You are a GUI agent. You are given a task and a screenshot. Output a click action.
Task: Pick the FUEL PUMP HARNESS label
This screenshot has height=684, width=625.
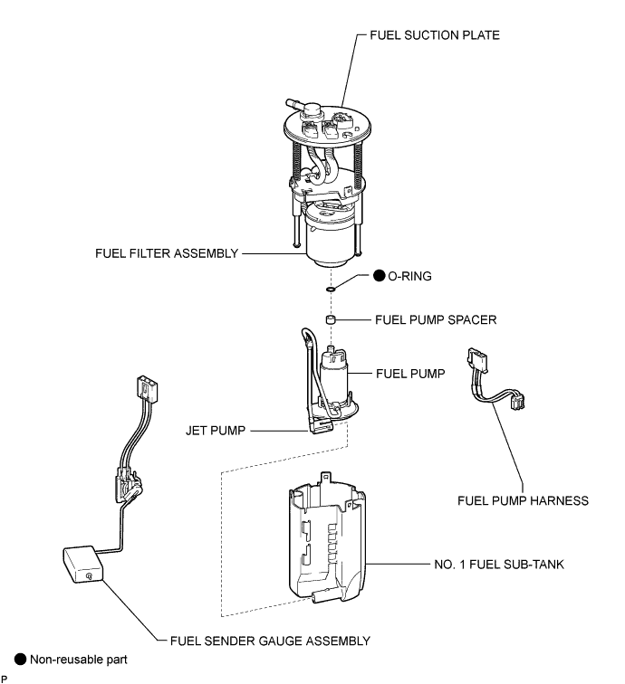(x=524, y=499)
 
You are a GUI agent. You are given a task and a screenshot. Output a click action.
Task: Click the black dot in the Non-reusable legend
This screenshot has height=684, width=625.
(x=19, y=660)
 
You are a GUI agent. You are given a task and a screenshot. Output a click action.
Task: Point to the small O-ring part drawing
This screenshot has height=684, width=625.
(x=332, y=289)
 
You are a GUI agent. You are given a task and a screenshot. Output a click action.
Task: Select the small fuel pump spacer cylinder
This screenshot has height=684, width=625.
(x=332, y=320)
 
